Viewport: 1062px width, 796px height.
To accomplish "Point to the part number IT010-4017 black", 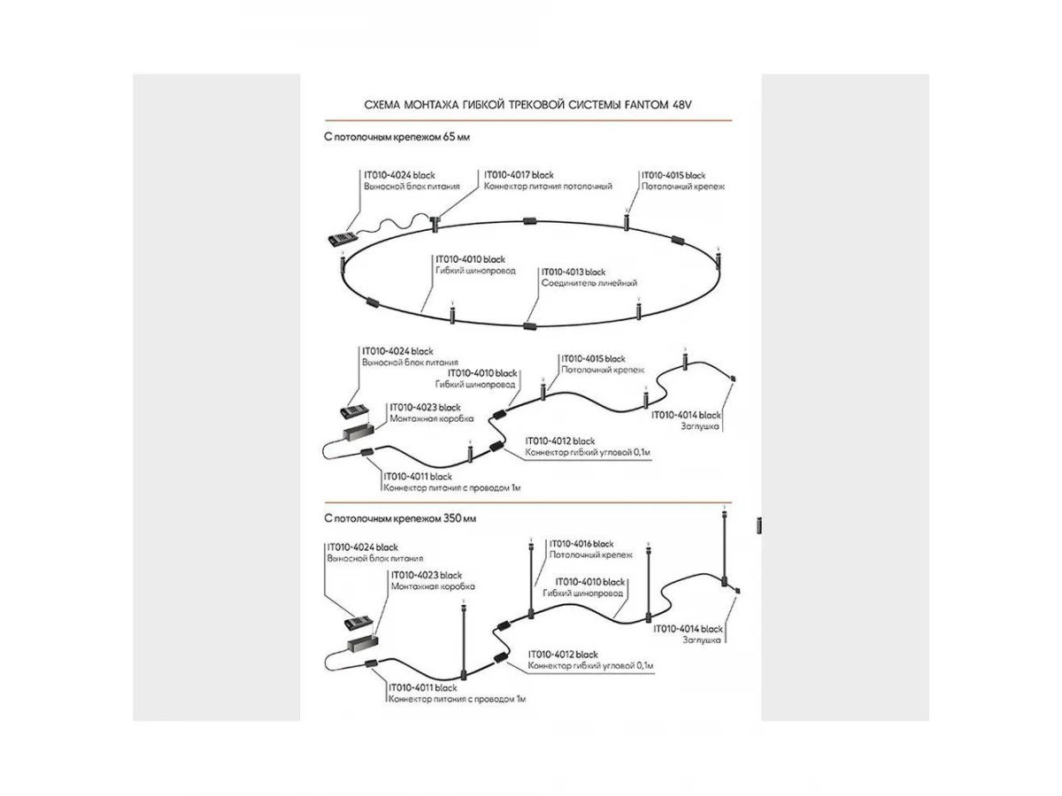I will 519,175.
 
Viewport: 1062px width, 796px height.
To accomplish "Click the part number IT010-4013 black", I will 573,272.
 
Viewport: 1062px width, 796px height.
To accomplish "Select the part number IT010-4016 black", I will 581,543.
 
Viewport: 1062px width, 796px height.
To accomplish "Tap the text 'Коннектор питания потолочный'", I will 548,187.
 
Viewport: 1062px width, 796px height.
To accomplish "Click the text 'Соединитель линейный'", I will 589,283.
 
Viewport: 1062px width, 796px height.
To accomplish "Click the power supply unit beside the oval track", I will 341,237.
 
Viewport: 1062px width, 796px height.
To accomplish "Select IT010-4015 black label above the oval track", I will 673,175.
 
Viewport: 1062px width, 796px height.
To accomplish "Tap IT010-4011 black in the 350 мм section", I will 422,687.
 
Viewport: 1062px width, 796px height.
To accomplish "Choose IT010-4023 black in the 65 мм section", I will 426,407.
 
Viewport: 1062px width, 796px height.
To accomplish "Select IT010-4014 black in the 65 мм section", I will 687,414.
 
